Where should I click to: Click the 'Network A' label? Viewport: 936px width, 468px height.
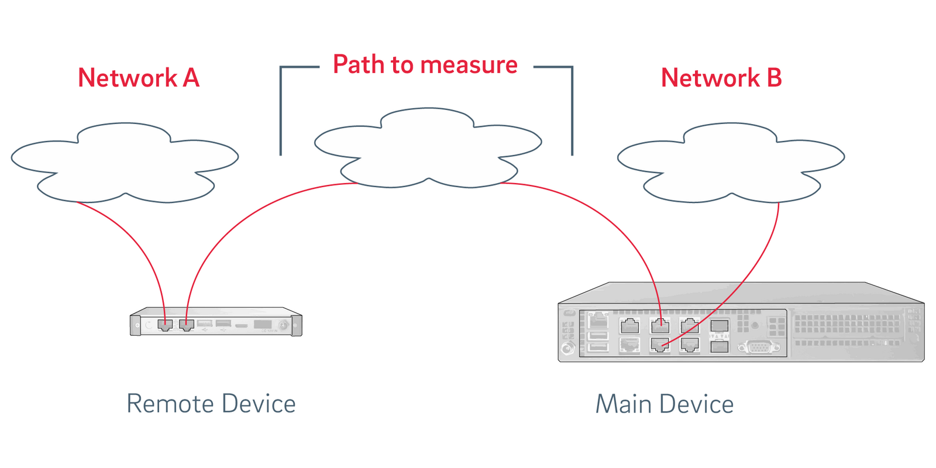coord(139,78)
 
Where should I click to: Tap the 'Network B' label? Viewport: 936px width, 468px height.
coord(721,78)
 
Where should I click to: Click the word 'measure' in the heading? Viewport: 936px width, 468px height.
coord(467,64)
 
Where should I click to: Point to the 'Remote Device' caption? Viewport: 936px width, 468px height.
coord(211,404)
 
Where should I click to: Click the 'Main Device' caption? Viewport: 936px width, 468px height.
coord(665,404)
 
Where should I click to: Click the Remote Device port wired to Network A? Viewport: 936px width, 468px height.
coord(165,325)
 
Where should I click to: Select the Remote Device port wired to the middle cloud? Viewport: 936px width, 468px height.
coord(187,325)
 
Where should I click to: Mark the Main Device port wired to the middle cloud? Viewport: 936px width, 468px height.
coord(660,325)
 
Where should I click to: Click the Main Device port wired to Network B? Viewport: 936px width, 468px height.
coord(660,345)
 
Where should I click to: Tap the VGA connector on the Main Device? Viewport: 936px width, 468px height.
coord(759,347)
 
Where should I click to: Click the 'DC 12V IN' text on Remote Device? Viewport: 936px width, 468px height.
coord(269,331)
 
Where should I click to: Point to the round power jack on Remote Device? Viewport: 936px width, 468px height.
coord(284,325)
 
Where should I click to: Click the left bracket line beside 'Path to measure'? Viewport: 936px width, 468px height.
coord(281,111)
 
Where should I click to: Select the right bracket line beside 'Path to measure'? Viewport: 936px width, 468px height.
coord(572,111)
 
